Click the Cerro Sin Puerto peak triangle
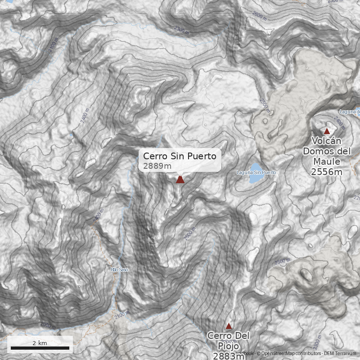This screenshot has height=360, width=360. [180, 180]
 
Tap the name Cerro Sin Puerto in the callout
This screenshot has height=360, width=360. [180, 156]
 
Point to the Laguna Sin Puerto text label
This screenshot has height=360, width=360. [256, 173]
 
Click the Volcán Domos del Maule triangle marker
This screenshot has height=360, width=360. [327, 131]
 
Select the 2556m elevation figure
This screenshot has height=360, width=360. [327, 171]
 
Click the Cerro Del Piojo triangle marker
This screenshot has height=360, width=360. [229, 326]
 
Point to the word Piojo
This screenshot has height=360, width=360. [228, 346]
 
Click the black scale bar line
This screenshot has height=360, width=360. [40, 348]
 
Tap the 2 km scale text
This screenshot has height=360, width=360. [40, 343]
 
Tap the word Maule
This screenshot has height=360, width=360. [327, 162]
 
